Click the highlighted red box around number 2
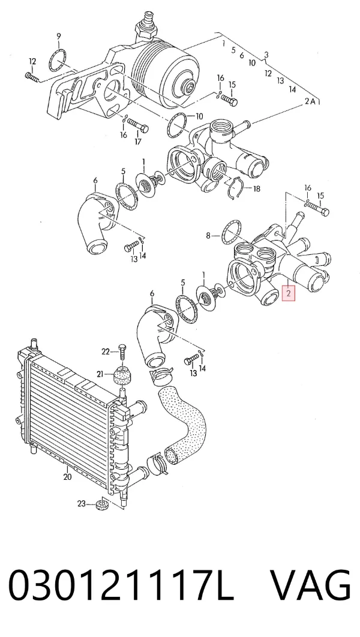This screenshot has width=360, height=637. pyautogui.click(x=288, y=293)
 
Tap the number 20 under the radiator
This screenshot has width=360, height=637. pyautogui.click(x=67, y=476)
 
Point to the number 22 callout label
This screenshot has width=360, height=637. pyautogui.click(x=106, y=351)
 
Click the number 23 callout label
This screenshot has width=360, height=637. pyautogui.click(x=82, y=504)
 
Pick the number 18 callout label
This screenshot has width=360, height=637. pyautogui.click(x=256, y=188)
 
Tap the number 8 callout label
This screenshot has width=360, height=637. pyautogui.click(x=208, y=235)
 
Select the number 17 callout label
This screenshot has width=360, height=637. pyautogui.click(x=138, y=142)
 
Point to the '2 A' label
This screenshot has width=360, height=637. pyautogui.click(x=310, y=101)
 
